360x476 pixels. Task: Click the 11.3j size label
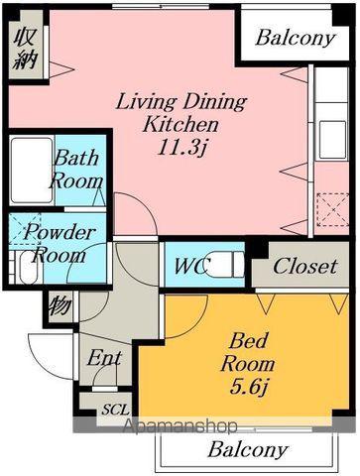[181, 148]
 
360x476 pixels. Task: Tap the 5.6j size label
[249, 387]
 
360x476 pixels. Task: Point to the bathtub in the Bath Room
[32, 171]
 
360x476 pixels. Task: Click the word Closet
[304, 267]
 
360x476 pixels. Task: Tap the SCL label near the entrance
[115, 410]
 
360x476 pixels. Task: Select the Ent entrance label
[104, 358]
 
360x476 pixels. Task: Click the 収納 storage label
[26, 49]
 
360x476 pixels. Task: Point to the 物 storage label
[60, 305]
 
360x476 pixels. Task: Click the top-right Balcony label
[296, 39]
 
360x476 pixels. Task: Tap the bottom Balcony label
[247, 450]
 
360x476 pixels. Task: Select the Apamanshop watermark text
[180, 425]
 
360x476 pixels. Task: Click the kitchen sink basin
[332, 139]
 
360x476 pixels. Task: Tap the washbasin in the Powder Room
[28, 268]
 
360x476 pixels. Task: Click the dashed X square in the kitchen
[332, 210]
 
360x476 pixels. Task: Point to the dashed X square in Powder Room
[25, 229]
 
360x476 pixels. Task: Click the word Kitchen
[180, 125]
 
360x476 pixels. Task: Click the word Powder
[60, 233]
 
